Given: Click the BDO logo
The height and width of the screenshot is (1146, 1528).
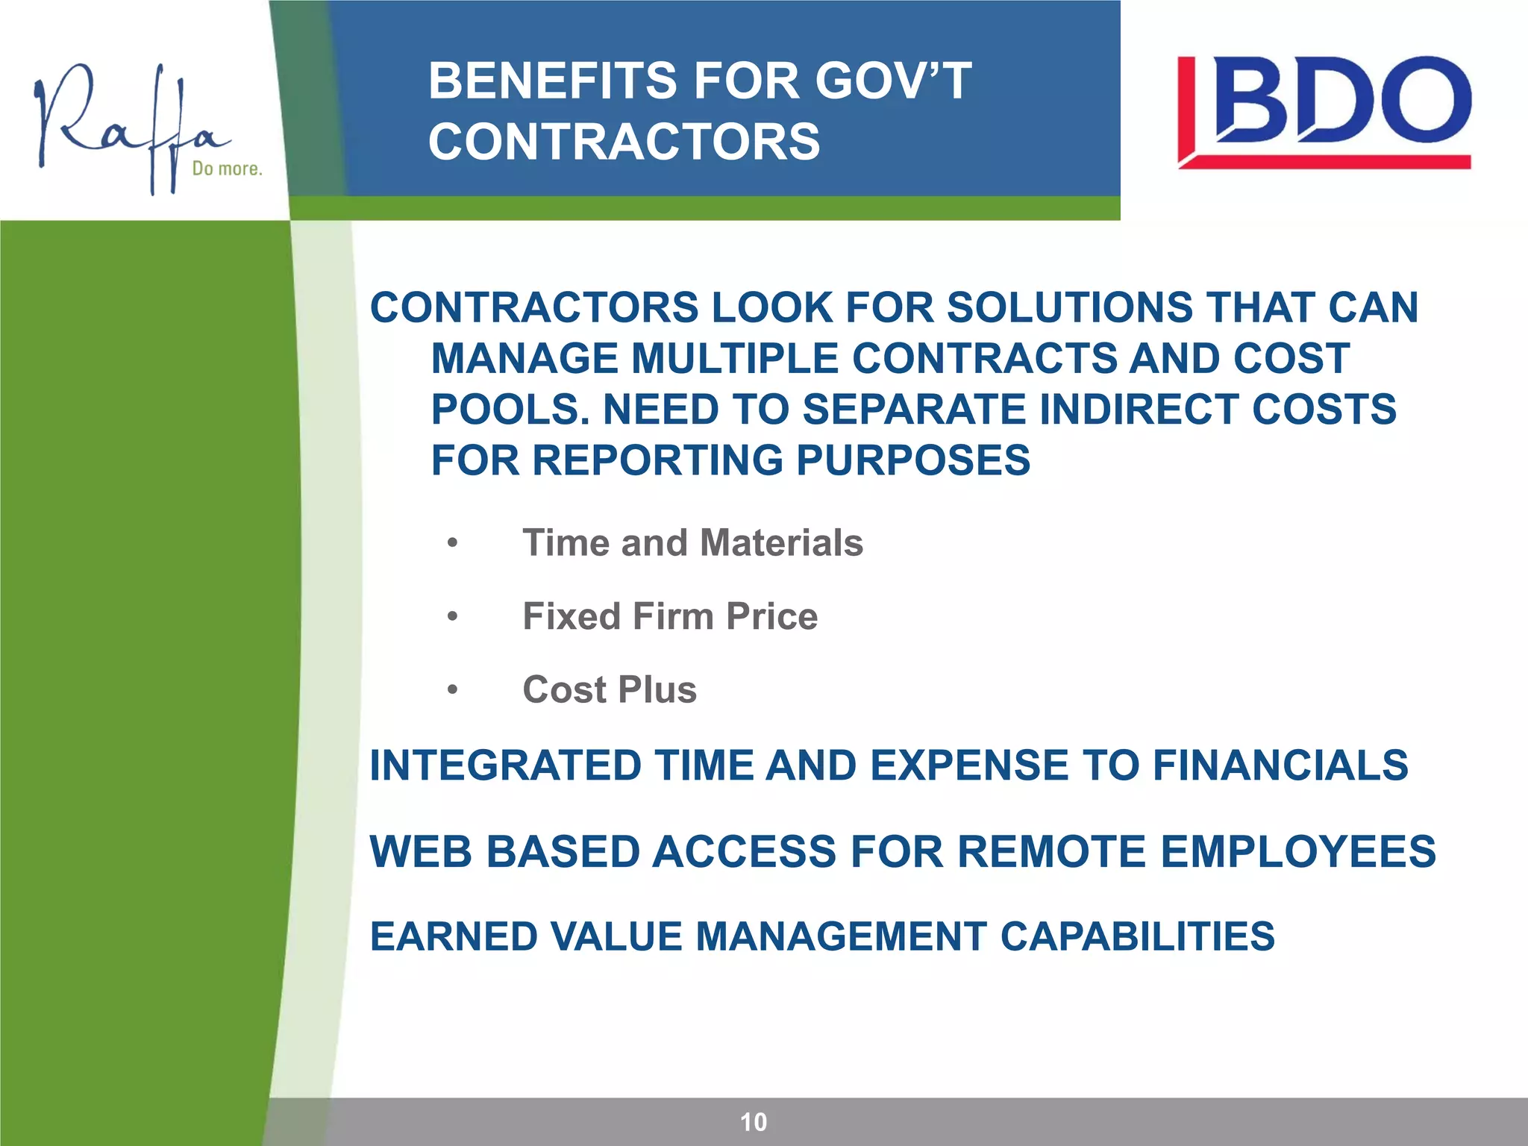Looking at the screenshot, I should pyautogui.click(x=1324, y=112).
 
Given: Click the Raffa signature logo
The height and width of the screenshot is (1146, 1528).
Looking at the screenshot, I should pyautogui.click(x=131, y=127).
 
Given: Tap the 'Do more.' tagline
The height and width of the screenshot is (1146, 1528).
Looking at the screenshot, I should pyautogui.click(x=228, y=169).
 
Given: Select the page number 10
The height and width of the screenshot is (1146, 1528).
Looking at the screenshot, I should pyautogui.click(x=754, y=1122).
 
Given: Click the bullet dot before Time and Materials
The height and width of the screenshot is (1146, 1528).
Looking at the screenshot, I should pyautogui.click(x=452, y=543).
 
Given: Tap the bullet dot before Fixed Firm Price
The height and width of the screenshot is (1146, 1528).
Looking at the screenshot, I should pyautogui.click(x=452, y=617).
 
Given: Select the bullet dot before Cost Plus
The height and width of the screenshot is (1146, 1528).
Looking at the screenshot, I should pyautogui.click(x=452, y=690).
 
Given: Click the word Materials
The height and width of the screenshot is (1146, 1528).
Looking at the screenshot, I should pyautogui.click(x=781, y=542).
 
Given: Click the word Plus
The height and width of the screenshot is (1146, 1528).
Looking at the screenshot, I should pyautogui.click(x=657, y=689).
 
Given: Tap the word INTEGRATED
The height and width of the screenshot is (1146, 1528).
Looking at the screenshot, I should pyautogui.click(x=505, y=765).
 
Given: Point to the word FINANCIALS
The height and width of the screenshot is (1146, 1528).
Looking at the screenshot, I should pyautogui.click(x=1280, y=765).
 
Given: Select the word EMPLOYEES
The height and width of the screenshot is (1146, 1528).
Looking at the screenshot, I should pyautogui.click(x=1298, y=851).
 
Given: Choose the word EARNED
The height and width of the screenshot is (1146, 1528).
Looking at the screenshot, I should pyautogui.click(x=454, y=937).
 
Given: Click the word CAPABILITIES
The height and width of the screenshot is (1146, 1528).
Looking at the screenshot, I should pyautogui.click(x=1137, y=937).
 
